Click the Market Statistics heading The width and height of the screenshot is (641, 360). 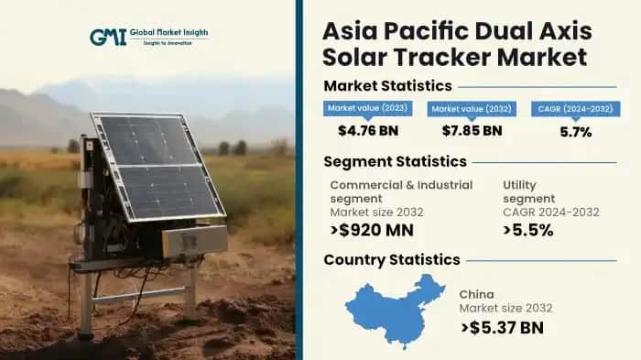(x=387, y=86)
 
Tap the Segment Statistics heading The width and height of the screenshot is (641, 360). (x=395, y=161)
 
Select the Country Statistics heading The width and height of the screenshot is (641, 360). (x=392, y=259)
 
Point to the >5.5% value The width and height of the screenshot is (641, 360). (x=527, y=230)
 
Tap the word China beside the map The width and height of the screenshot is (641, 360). (x=478, y=294)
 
